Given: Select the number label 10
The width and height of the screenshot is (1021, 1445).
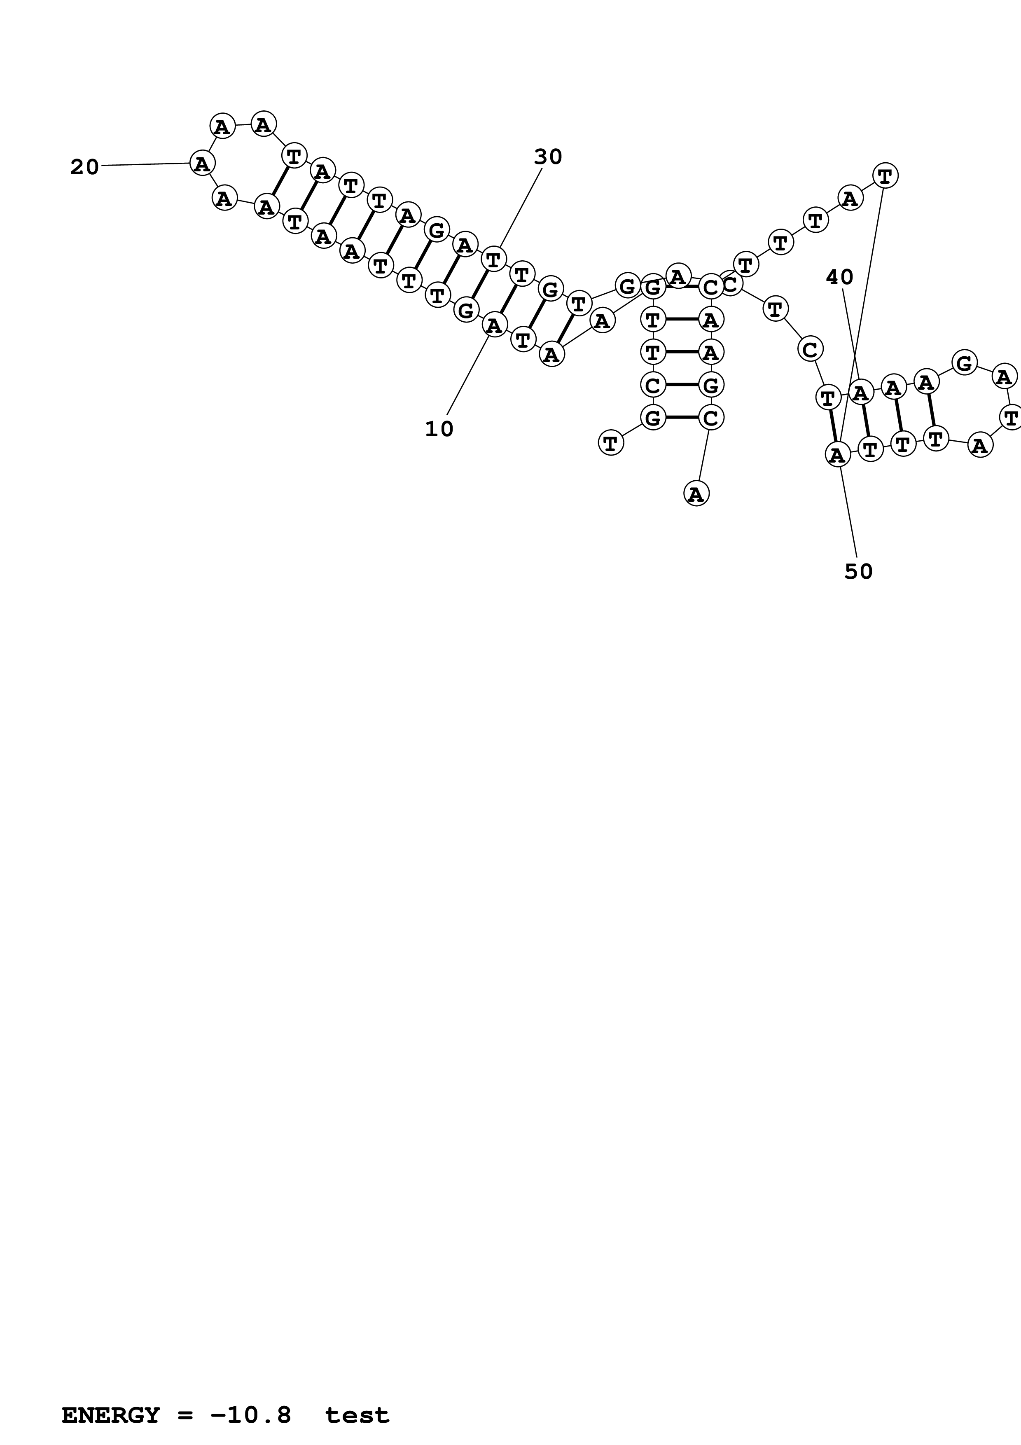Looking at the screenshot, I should pyautogui.click(x=439, y=429).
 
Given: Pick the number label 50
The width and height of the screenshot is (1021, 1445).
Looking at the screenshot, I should pyautogui.click(x=858, y=571).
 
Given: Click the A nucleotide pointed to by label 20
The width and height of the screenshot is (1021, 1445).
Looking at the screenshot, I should pyautogui.click(x=202, y=164).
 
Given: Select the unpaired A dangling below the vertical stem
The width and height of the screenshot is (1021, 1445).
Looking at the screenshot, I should pyautogui.click(x=696, y=494).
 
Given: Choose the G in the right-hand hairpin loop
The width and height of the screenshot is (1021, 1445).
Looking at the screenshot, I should pyautogui.click(x=965, y=363).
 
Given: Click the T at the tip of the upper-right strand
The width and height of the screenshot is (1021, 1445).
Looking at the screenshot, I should pyautogui.click(x=885, y=175).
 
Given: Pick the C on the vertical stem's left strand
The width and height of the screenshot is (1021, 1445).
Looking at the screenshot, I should pyautogui.click(x=653, y=384).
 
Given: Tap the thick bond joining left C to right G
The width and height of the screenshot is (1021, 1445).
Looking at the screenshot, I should pyautogui.click(x=682, y=384).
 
